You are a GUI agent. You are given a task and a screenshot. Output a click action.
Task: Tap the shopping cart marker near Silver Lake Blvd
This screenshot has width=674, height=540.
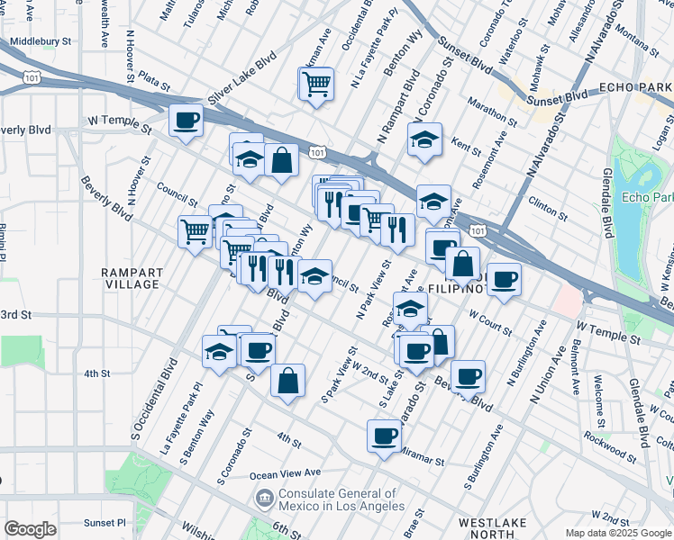pos(315,85)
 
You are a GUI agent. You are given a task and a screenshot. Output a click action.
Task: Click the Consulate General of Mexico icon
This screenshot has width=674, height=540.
pos(265,497)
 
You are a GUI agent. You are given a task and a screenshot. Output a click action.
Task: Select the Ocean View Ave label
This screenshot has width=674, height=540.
pos(285,472)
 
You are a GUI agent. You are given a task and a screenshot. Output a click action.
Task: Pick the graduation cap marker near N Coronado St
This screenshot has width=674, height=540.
pos(424,139)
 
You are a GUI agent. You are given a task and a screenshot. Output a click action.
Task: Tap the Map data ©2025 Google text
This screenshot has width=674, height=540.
pos(617,533)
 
